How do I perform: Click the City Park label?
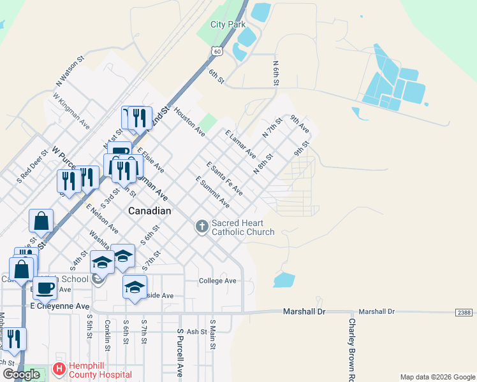(x=228, y=25)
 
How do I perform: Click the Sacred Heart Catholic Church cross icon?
(x=202, y=227)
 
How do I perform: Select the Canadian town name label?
(x=150, y=211)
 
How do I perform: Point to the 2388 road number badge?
(x=465, y=312)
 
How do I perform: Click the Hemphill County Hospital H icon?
(x=59, y=369)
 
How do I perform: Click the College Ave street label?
(x=217, y=281)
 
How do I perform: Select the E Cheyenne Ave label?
(x=60, y=306)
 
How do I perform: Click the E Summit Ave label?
(x=212, y=192)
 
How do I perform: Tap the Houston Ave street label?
(x=189, y=122)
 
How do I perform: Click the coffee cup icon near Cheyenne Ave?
(x=45, y=288)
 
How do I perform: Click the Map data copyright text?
(x=437, y=377)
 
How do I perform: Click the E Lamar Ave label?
(x=240, y=145)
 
